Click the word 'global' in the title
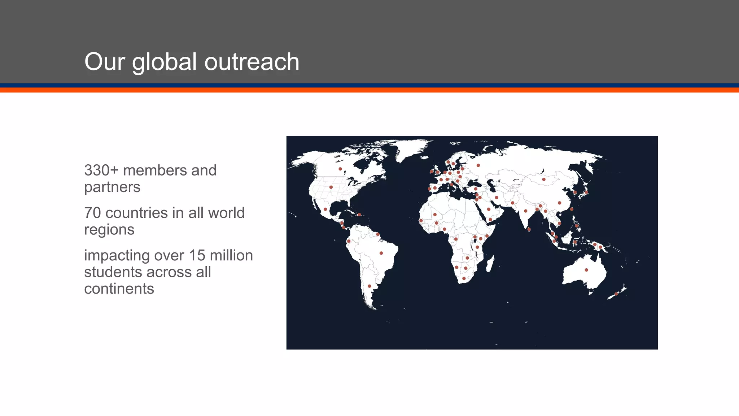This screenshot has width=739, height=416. (x=165, y=62)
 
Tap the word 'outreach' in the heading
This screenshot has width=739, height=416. (x=252, y=62)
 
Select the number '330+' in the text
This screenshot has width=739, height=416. (x=101, y=170)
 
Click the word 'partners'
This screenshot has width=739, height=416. (x=112, y=187)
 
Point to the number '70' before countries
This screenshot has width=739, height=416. (x=92, y=213)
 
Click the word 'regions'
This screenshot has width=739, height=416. (x=109, y=230)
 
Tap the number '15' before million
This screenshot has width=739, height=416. (x=197, y=256)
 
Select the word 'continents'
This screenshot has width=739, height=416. (x=119, y=289)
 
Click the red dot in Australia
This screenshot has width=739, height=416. (x=586, y=270)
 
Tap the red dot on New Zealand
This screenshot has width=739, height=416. (x=616, y=294)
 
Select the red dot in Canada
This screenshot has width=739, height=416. (x=340, y=169)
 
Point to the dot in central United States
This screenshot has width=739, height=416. (x=331, y=187)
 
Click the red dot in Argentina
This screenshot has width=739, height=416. (x=369, y=286)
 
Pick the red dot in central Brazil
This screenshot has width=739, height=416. (x=381, y=253)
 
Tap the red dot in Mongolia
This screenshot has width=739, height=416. (x=544, y=179)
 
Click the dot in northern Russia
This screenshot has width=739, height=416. (x=478, y=165)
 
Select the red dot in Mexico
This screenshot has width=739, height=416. (x=325, y=209)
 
